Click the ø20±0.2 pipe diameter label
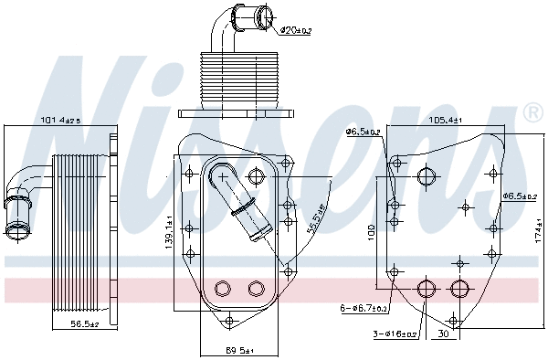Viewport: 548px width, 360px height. click(296, 30)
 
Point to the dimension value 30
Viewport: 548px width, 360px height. click(442, 334)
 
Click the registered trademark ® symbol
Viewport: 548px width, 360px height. click(532, 113)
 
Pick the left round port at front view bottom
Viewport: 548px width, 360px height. click(222, 289)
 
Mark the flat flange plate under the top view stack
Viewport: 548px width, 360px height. click(237, 114)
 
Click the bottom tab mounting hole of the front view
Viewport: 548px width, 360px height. click(229, 320)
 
